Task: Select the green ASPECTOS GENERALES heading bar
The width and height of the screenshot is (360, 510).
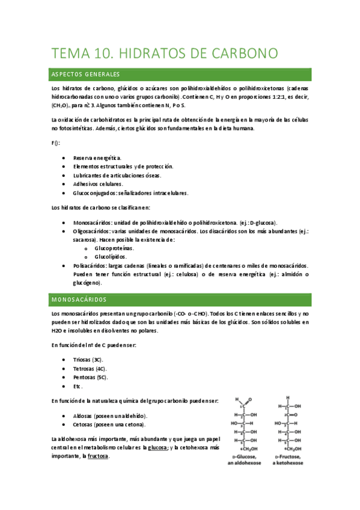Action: (x=180, y=75)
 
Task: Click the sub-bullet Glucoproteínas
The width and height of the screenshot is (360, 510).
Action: (x=114, y=248)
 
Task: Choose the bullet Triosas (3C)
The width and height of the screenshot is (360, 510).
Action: (x=88, y=360)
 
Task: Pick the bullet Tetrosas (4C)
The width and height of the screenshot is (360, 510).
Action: (x=89, y=368)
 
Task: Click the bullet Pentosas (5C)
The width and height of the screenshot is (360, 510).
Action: (x=90, y=377)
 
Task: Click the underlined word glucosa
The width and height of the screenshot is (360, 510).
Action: (x=158, y=447)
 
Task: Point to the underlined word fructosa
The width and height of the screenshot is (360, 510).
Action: (x=98, y=456)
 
